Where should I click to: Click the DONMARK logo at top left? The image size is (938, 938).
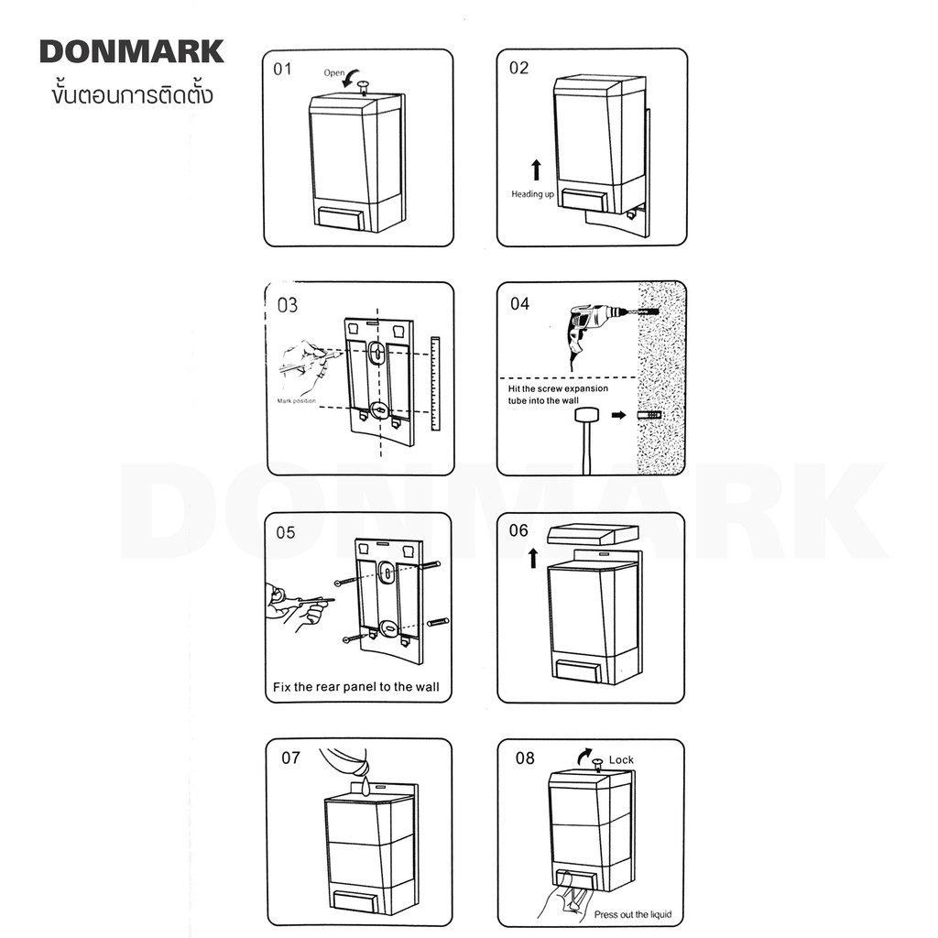(x=132, y=52)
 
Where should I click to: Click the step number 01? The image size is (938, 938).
(x=282, y=70)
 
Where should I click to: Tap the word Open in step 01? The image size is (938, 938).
(x=333, y=73)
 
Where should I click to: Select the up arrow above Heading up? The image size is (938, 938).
(x=537, y=169)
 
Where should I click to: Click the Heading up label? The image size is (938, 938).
(x=532, y=194)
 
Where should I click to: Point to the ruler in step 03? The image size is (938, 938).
(x=435, y=384)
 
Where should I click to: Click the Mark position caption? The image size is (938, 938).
(x=296, y=401)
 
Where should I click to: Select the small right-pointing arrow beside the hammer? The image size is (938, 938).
(x=618, y=415)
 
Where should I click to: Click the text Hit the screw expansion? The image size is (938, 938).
(x=558, y=388)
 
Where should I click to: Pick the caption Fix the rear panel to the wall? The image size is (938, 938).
(x=356, y=687)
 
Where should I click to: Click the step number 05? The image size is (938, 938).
(x=286, y=532)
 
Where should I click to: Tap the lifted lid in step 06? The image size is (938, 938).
(x=594, y=534)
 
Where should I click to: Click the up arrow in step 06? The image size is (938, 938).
(x=533, y=559)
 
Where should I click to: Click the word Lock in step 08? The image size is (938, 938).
(x=621, y=759)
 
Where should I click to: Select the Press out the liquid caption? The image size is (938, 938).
(x=633, y=915)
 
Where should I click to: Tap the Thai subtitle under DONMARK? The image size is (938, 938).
(x=132, y=95)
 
